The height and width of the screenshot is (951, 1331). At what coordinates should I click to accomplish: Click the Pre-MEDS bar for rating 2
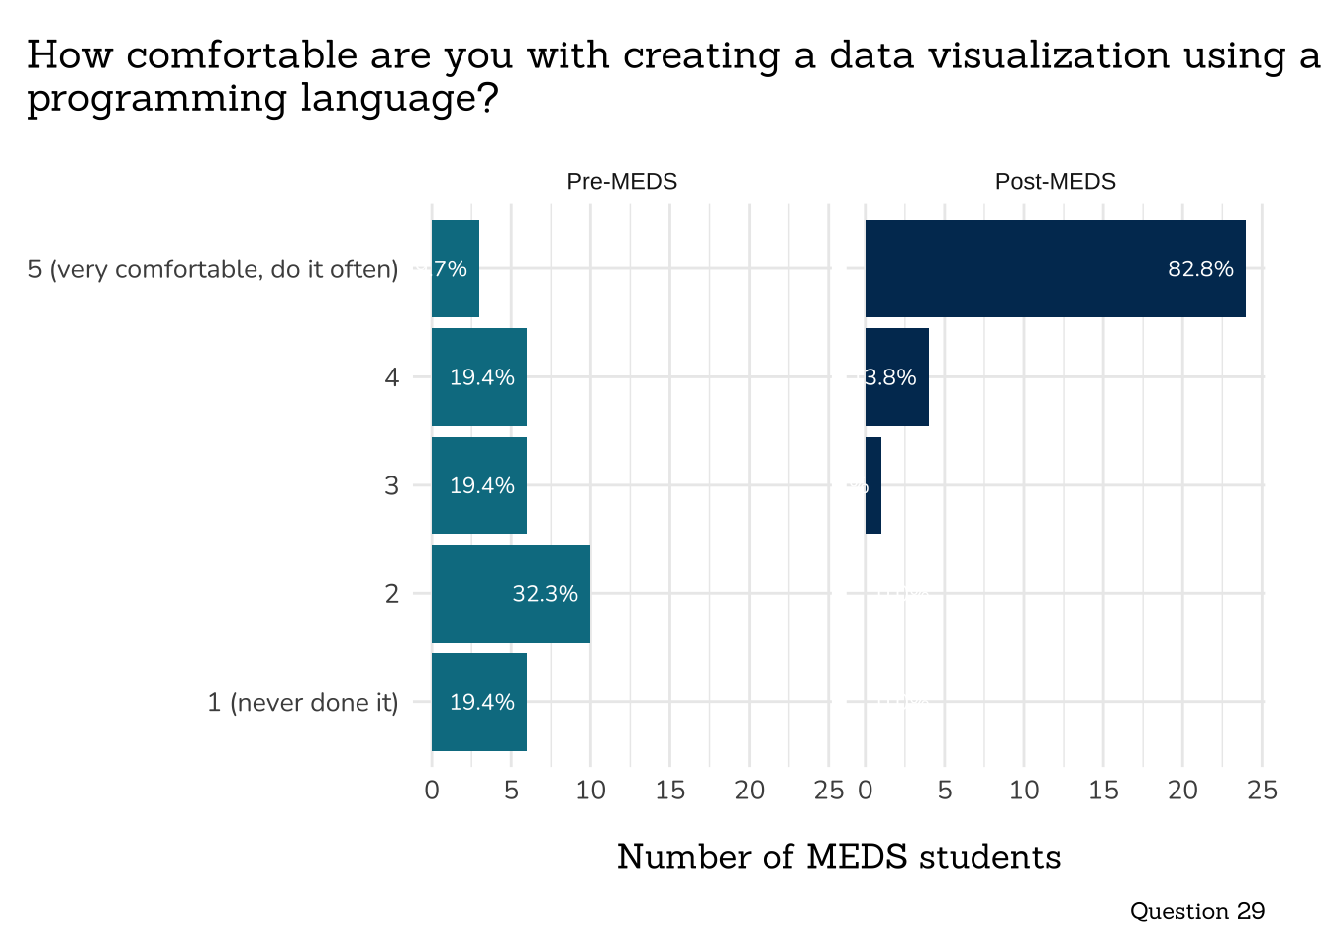pos(511,593)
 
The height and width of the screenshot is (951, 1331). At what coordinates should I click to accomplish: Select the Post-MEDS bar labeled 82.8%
pos(1055,268)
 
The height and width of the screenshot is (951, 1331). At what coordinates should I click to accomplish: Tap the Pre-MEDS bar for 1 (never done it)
pos(479,701)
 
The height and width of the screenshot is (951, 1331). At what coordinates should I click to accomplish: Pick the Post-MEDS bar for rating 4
pos(897,376)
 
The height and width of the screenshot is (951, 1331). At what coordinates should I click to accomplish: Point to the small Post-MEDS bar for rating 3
pos(873,485)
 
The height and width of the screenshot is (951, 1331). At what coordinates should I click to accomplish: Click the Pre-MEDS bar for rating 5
pos(456,268)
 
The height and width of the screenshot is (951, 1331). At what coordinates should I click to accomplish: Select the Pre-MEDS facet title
pos(622,182)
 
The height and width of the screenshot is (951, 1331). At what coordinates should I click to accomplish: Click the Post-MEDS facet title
pos(1055,182)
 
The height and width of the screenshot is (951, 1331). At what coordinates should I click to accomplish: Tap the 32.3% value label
pos(545,594)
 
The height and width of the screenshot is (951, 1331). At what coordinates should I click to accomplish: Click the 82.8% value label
pos(1200,269)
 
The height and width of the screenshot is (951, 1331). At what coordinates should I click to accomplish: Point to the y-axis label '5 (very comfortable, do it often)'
pos(213,269)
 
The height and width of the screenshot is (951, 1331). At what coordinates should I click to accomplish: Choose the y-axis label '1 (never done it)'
pos(303,702)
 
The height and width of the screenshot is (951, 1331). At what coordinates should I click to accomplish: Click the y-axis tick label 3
pos(392,485)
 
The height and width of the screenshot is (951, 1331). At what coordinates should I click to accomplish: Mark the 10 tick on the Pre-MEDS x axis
pos(590,791)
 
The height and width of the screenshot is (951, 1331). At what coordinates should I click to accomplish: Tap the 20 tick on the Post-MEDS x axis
pos(1182,791)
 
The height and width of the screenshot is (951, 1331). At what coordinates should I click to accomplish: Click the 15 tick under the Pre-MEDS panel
pos(670,791)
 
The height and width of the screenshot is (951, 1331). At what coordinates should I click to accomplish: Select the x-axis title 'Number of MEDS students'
pos(839,857)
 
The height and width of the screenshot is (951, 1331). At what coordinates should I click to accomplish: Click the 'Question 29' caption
pos(1196,911)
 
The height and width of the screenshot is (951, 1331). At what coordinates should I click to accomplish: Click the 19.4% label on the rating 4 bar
pos(482,377)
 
